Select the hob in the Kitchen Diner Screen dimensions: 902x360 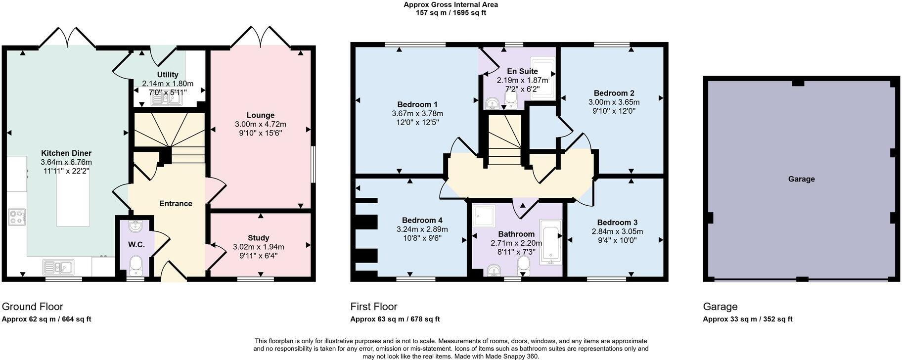click(17, 217)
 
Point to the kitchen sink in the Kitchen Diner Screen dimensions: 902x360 click(58, 267)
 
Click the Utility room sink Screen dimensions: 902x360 click(166, 99)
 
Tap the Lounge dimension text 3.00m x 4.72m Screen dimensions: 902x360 click(261, 124)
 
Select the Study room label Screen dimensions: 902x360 click(259, 238)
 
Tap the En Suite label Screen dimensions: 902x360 click(522, 71)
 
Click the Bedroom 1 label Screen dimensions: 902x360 click(417, 104)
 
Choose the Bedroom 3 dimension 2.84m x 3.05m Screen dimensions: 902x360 click(617, 231)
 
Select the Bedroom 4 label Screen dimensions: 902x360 click(422, 220)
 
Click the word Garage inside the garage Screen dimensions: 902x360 click(801, 179)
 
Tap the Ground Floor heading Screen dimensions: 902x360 click(33, 307)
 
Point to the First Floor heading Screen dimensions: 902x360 click(374, 307)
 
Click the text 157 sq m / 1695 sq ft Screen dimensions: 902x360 click(451, 13)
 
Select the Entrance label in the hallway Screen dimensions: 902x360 click(176, 203)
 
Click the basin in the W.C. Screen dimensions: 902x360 click(135, 226)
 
